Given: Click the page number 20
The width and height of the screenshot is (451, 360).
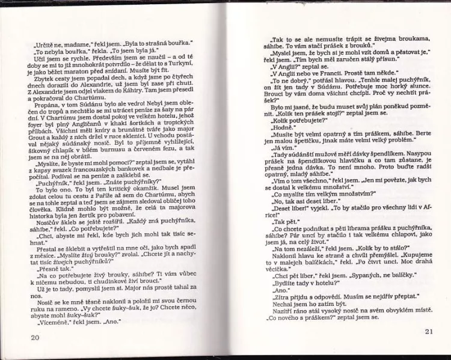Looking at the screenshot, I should coord(34,338).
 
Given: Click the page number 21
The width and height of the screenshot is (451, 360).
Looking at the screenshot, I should coord(428,331).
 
